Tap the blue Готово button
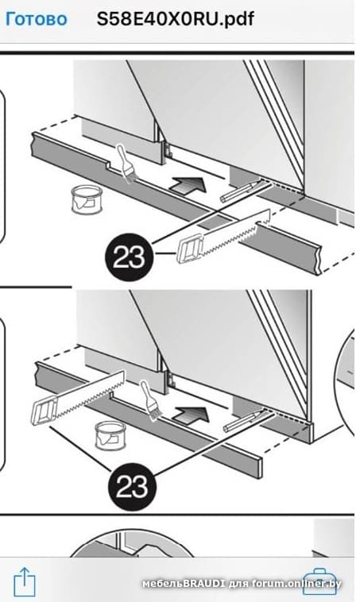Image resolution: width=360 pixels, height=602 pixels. click(36, 19)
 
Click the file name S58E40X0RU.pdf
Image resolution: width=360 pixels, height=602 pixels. click(175, 19)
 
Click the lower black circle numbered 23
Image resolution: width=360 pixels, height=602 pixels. click(132, 486)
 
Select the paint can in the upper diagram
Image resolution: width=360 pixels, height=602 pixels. click(87, 199)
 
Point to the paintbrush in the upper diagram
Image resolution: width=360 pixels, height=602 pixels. click(126, 163)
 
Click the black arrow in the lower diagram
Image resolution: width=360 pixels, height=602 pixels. click(191, 415)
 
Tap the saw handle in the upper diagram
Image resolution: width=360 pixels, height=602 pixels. click(190, 249)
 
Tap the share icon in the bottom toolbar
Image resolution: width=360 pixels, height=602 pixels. click(25, 581)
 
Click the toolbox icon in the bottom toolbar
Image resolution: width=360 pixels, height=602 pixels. click(319, 582)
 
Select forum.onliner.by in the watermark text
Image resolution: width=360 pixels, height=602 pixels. click(296, 584)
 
